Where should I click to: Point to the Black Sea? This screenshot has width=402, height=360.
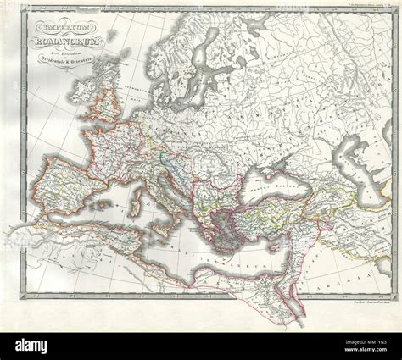point(271,188)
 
